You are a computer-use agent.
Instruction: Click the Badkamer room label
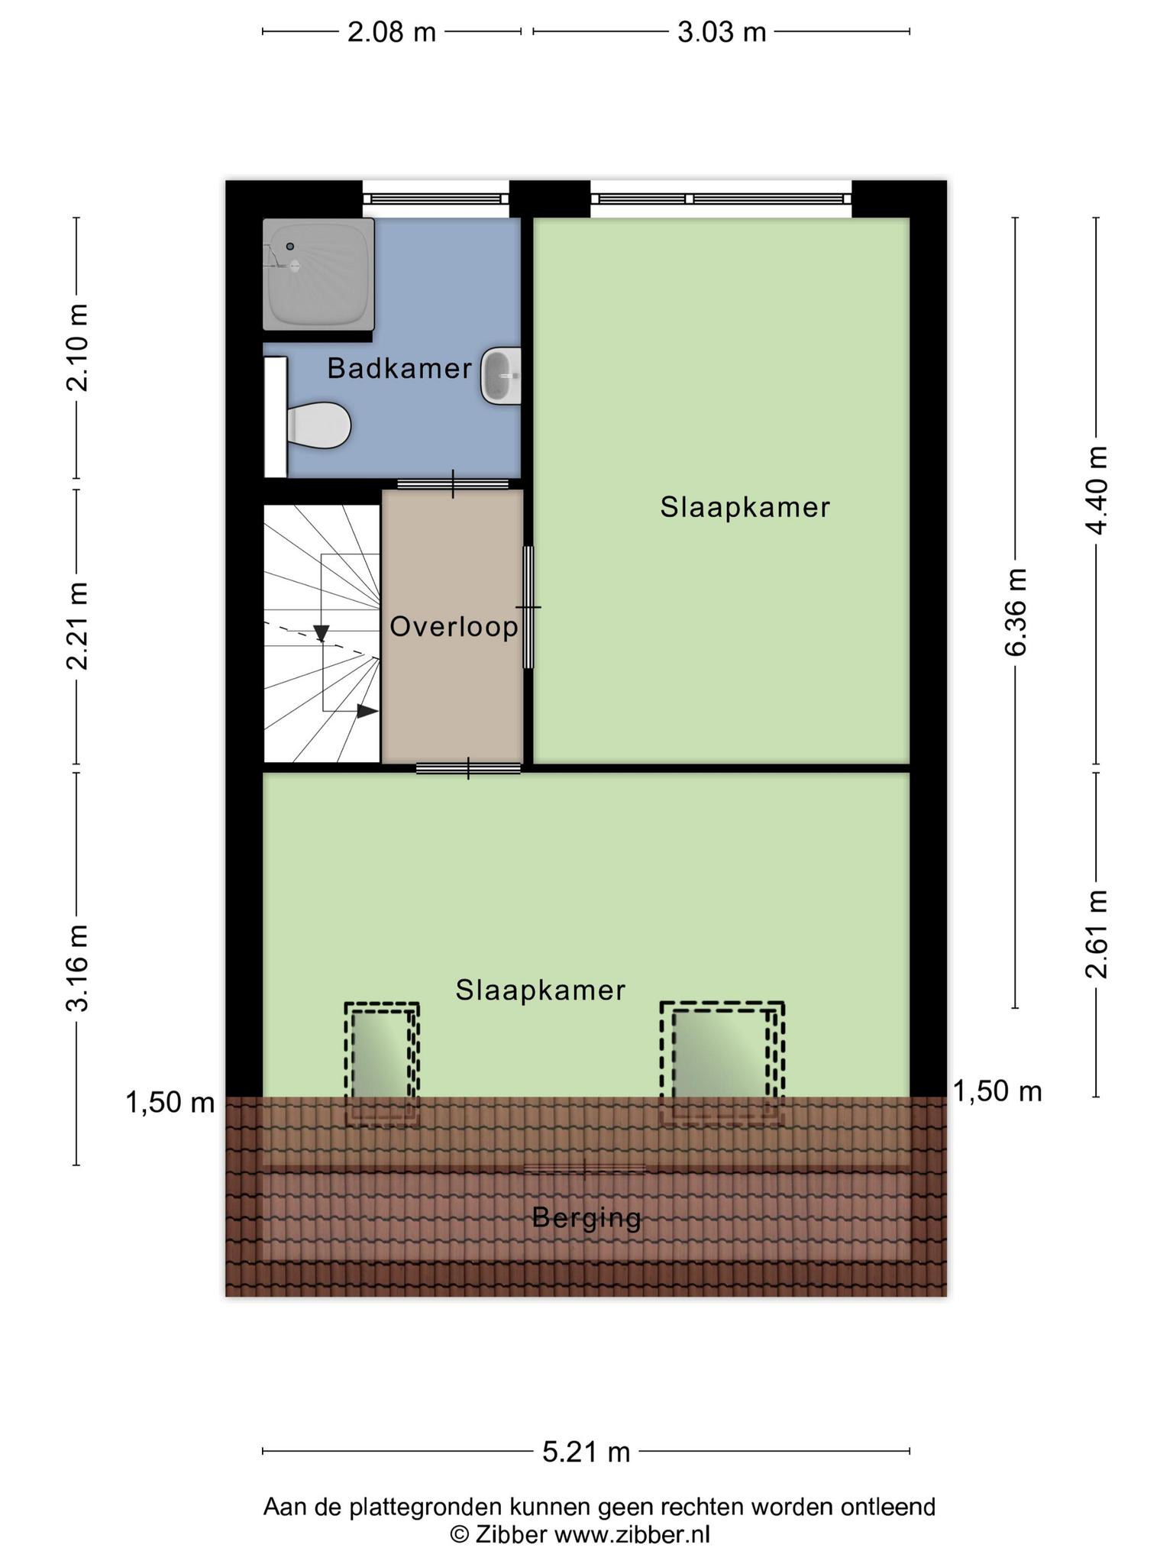399,368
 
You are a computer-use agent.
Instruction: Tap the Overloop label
454,627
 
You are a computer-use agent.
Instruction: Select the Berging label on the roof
586,1218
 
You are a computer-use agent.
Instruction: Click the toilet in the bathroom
318,425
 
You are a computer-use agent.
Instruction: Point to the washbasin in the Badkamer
501,376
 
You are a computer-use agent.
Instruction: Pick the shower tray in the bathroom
318,274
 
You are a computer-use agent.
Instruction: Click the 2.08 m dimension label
392,32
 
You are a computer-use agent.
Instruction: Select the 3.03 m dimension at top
722,32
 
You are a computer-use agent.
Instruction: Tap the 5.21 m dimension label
586,1451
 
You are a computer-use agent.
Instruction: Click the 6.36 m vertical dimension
1016,612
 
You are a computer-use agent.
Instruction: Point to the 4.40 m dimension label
1097,490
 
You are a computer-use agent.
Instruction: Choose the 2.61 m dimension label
1097,934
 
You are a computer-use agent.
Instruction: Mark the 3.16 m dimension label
77,968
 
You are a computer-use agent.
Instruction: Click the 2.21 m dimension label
77,625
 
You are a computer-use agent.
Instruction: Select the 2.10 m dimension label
77,347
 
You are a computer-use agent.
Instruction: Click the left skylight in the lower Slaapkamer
382,1064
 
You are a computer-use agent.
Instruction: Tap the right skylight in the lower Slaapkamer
722,1064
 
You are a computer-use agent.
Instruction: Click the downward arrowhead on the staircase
322,633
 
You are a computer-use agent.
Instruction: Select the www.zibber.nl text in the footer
632,1534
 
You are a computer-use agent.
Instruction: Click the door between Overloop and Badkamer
453,484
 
